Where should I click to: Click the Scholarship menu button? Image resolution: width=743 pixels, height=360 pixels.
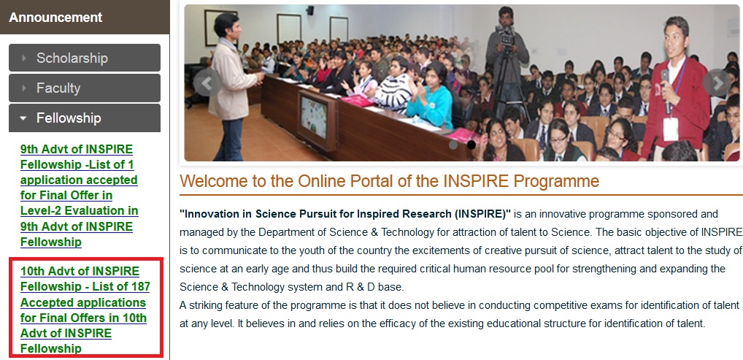pyautogui.click(x=85, y=58)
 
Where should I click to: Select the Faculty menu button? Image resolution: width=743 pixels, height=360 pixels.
pyautogui.click(x=85, y=88)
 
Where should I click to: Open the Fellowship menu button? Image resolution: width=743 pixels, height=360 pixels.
pyautogui.click(x=85, y=118)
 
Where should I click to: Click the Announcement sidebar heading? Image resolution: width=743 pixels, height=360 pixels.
pyautogui.click(x=55, y=18)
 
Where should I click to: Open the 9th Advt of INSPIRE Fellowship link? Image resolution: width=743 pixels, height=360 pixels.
pyautogui.click(x=79, y=196)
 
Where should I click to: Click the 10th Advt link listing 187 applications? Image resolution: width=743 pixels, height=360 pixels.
pyautogui.click(x=85, y=310)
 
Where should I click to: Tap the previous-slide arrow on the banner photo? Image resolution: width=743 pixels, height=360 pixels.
pyautogui.click(x=207, y=83)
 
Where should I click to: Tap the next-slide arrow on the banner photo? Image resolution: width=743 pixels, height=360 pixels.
pyautogui.click(x=717, y=83)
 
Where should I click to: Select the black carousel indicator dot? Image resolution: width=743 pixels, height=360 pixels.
pyautogui.click(x=471, y=145)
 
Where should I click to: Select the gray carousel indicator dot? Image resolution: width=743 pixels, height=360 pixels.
pyautogui.click(x=453, y=145)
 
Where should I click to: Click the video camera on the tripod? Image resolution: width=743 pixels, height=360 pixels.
pyautogui.click(x=507, y=37)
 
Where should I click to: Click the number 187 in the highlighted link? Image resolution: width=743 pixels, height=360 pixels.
pyautogui.click(x=139, y=286)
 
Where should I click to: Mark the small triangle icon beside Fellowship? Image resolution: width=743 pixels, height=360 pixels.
pyautogui.click(x=23, y=118)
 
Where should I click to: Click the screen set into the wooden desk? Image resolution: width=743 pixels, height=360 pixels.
pyautogui.click(x=314, y=117)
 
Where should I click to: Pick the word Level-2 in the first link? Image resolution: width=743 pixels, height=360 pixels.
pyautogui.click(x=45, y=210)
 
